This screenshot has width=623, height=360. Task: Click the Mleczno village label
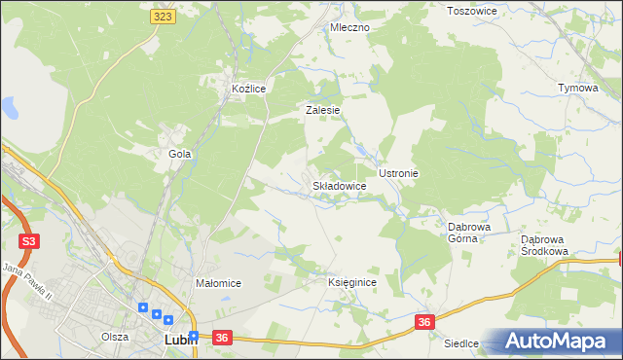(349, 27)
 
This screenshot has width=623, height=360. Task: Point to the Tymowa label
(577, 88)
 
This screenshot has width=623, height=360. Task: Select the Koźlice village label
(248, 89)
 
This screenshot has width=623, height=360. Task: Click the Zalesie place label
(322, 110)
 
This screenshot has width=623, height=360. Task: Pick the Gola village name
(179, 154)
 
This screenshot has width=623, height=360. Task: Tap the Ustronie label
(398, 173)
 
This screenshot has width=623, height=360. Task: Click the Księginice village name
(351, 281)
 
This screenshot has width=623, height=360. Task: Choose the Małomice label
(218, 283)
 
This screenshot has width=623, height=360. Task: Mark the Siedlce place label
(462, 343)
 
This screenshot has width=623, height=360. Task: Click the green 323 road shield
(164, 17)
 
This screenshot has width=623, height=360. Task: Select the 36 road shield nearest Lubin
(222, 338)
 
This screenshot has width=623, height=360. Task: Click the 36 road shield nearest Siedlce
(423, 321)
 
